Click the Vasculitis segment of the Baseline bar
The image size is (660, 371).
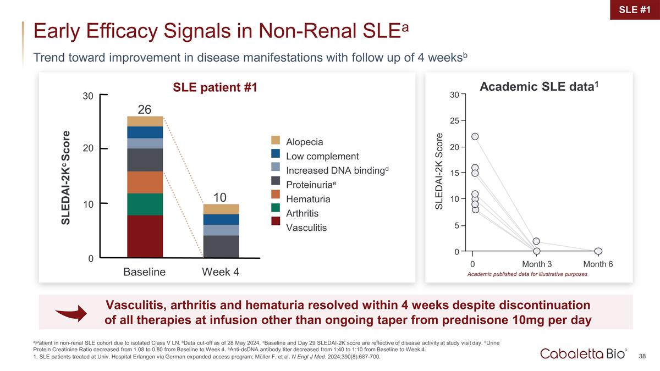tap(145, 236)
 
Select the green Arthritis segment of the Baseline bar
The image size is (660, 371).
tap(145, 204)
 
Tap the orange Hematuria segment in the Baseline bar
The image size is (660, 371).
tap(145, 182)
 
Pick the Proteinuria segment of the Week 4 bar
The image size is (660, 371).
tap(221, 246)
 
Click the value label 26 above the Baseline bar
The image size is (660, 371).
tap(144, 109)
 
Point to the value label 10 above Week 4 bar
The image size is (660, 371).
tap(220, 197)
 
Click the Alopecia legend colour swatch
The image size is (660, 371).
tap(276, 140)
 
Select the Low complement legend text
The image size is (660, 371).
tap(322, 156)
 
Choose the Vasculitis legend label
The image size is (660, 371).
tap(306, 228)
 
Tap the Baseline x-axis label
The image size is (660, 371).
tap(144, 272)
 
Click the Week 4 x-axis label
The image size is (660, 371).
tap(221, 272)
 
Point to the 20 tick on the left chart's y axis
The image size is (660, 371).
tap(88, 148)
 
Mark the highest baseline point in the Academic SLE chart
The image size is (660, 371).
tap(475, 136)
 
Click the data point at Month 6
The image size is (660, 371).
tap(598, 251)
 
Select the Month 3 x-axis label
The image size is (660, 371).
tap(537, 264)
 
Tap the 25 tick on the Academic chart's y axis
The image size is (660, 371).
tap(455, 121)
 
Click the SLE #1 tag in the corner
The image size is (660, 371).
tap(635, 10)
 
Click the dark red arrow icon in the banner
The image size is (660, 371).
tap(71, 313)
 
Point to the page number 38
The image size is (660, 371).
tap(642, 356)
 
